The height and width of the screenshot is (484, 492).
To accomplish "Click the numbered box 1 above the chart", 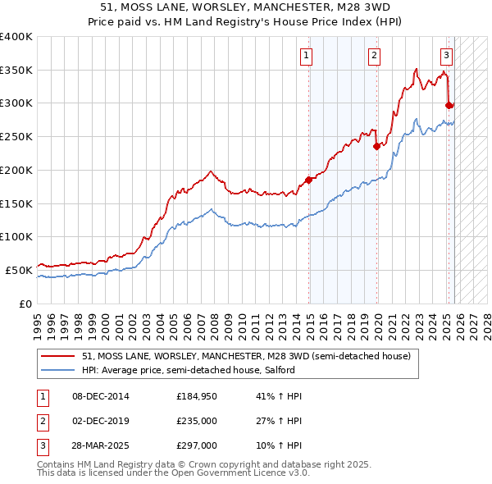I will tap(306, 56).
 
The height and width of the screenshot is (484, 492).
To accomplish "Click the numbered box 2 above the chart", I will tap(374, 56).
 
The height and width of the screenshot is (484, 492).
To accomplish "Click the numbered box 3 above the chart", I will tap(446, 56).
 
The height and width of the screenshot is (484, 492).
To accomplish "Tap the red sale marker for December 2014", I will tap(309, 180).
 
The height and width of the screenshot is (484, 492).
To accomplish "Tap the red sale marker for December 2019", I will tap(377, 147).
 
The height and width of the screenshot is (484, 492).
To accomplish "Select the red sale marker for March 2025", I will tap(449, 105).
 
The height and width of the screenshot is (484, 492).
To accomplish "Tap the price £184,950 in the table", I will tap(197, 396).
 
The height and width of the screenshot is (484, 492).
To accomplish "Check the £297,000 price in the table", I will tap(197, 445).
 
